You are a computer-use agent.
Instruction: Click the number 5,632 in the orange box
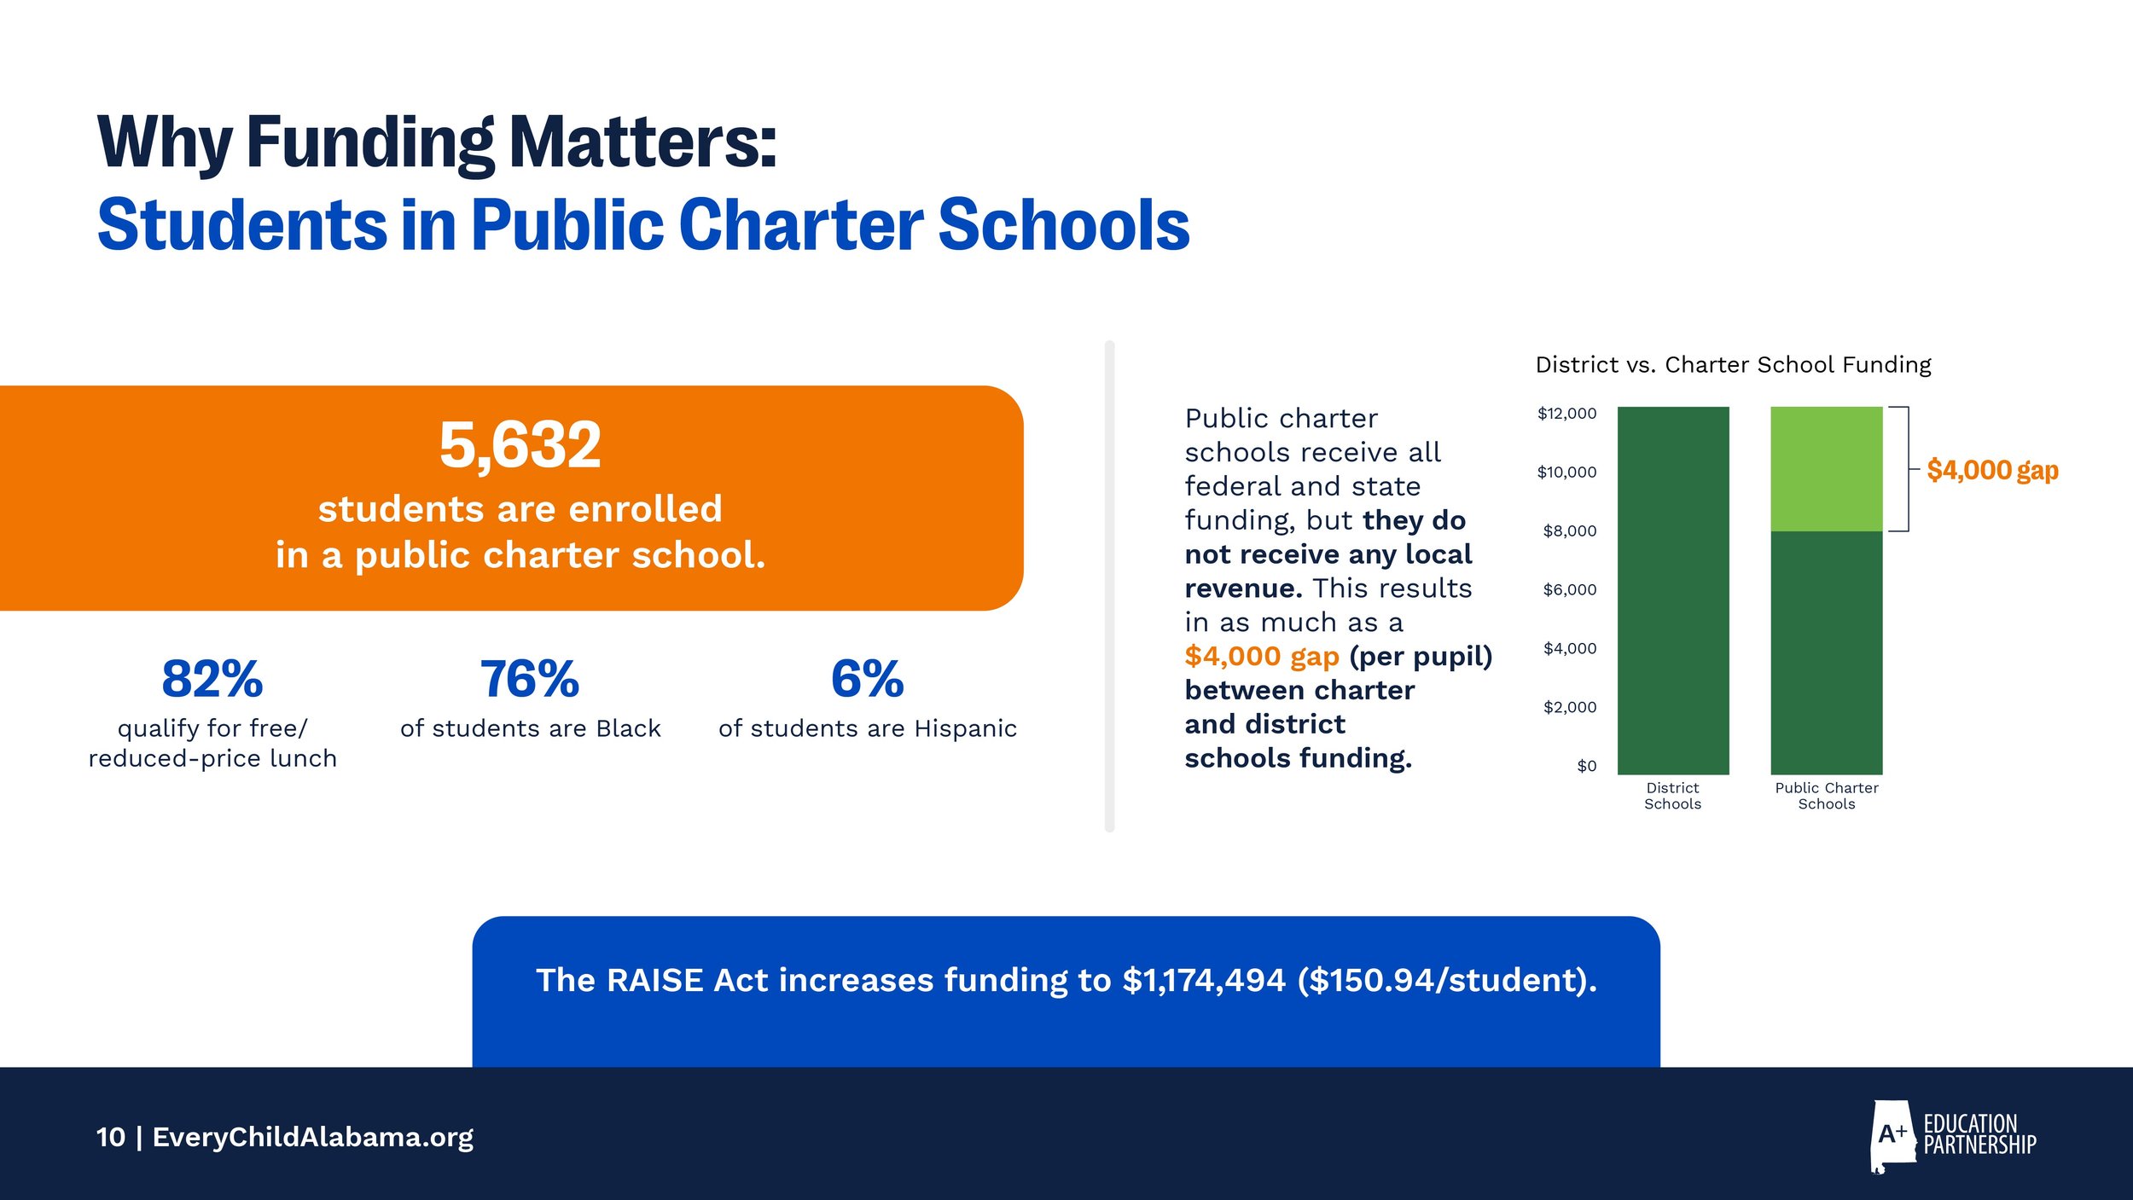(x=520, y=445)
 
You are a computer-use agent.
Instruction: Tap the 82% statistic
(x=212, y=679)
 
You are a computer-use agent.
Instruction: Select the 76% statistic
(x=530, y=679)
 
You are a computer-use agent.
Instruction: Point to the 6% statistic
(x=867, y=679)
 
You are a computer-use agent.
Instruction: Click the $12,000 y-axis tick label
(x=1566, y=414)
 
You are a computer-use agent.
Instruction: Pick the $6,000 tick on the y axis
(x=1569, y=589)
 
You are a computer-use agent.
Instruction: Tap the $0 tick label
(x=1586, y=766)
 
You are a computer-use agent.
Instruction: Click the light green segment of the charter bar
(x=1826, y=469)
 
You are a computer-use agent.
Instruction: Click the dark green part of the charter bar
(x=1826, y=652)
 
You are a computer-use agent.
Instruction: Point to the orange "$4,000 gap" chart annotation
(x=1992, y=470)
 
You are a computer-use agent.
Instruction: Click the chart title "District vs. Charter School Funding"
(x=1733, y=365)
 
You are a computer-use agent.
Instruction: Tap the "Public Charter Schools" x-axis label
(x=1826, y=796)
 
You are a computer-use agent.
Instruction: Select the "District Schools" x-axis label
(x=1672, y=796)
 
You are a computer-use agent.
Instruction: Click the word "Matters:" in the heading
(x=643, y=143)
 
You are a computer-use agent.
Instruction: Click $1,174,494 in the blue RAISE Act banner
(x=1203, y=980)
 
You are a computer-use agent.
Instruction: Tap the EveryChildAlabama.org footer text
(x=312, y=1137)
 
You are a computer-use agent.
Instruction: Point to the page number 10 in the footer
(x=111, y=1137)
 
